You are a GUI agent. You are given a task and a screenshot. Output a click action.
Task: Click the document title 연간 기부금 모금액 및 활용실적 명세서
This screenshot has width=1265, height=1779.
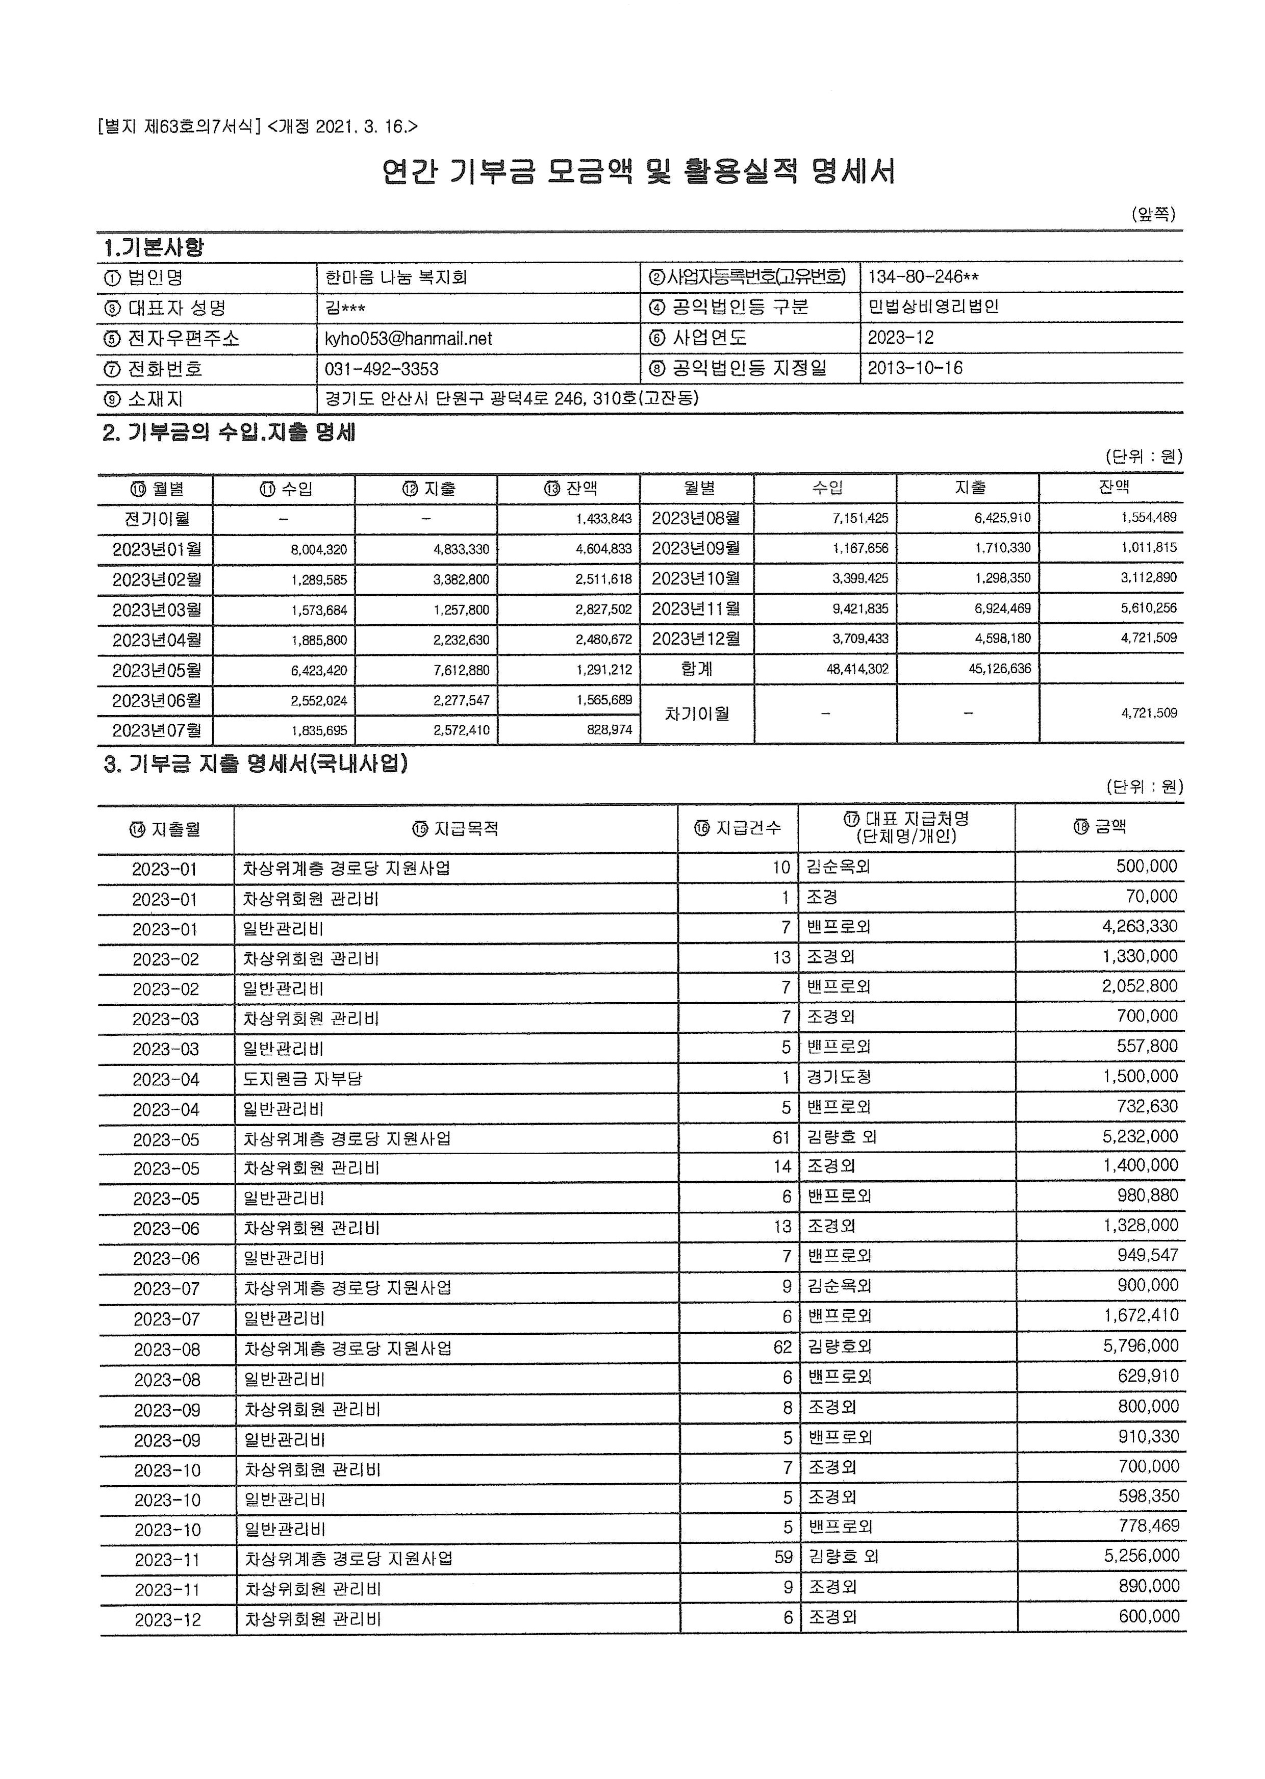pyautogui.click(x=638, y=171)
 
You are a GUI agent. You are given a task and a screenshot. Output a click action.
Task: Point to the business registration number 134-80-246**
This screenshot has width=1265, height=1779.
pyautogui.click(x=923, y=277)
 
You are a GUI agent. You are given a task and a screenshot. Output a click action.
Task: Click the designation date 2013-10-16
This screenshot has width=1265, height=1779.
pyautogui.click(x=915, y=368)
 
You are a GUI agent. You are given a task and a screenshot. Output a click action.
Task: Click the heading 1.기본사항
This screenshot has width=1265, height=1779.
pyautogui.click(x=154, y=248)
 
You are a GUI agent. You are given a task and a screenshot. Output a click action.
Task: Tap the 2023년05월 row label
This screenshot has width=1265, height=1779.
pyautogui.click(x=157, y=670)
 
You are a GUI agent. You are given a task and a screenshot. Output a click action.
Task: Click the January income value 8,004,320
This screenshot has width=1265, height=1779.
pyautogui.click(x=319, y=550)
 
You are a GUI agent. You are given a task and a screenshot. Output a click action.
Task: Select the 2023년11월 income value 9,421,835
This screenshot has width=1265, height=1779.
pyautogui.click(x=857, y=609)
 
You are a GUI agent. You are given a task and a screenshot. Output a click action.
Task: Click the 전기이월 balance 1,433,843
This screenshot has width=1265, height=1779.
pyautogui.click(x=603, y=519)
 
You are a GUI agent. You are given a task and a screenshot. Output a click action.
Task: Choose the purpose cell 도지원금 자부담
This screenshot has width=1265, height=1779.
pyautogui.click(x=303, y=1079)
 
